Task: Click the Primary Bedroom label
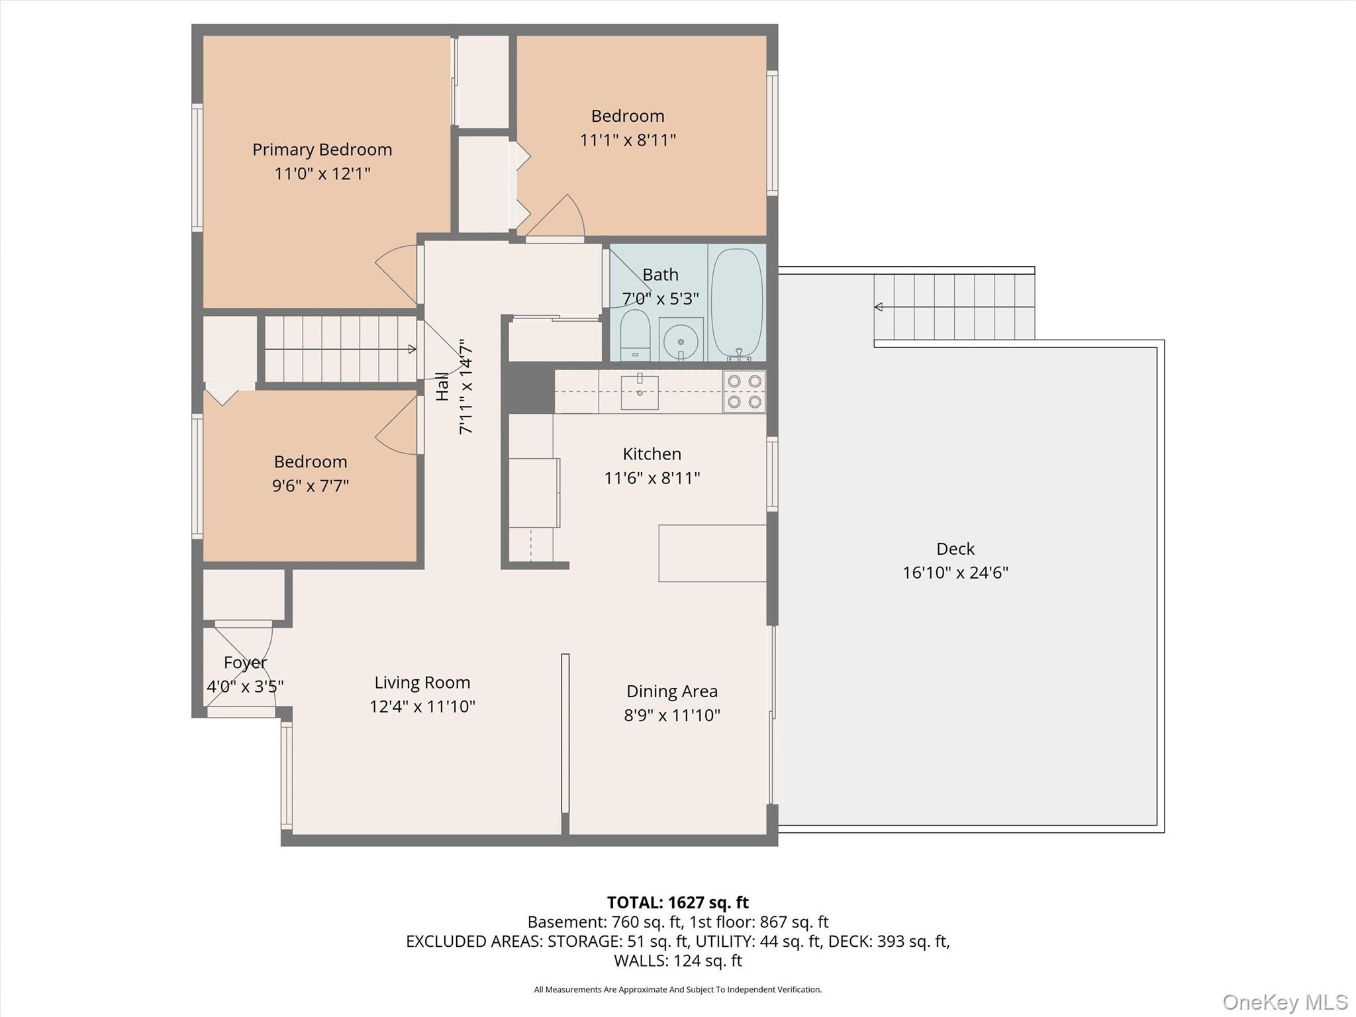(322, 150)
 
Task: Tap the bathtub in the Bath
(736, 301)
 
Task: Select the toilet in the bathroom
(635, 334)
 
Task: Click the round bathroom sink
(681, 339)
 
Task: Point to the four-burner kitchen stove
(744, 391)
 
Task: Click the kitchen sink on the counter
(640, 392)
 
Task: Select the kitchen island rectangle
(712, 554)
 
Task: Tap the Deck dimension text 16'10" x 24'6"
(955, 573)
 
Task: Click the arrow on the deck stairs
(879, 307)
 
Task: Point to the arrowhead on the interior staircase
(412, 349)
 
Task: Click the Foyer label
(245, 662)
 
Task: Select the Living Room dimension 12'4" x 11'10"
(422, 706)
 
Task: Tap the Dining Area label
(671, 691)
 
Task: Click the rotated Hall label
(442, 386)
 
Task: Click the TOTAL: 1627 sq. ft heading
(677, 902)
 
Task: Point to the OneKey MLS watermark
(1284, 1002)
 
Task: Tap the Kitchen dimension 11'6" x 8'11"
(652, 478)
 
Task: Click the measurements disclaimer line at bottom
(677, 990)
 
